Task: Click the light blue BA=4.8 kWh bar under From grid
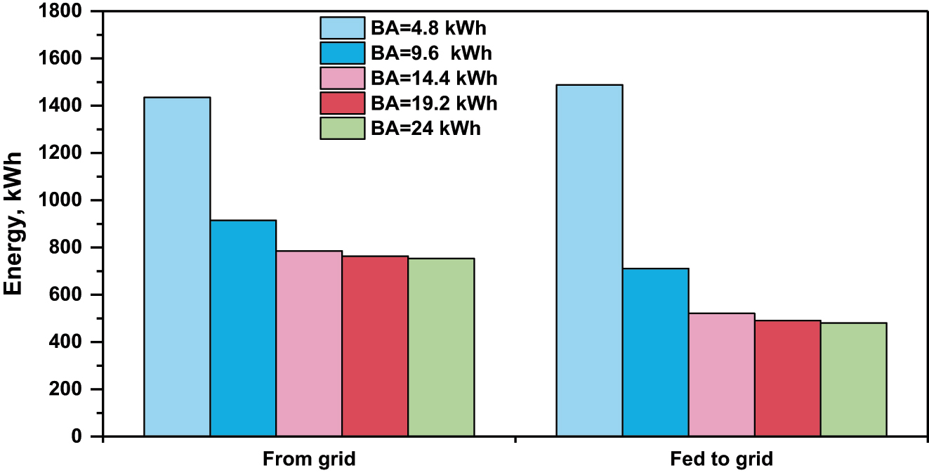click(x=177, y=267)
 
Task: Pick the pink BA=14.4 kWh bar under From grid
click(x=309, y=344)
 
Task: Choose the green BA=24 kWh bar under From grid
click(x=441, y=347)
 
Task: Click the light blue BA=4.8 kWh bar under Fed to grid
click(x=589, y=261)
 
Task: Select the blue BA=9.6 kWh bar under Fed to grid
click(x=655, y=352)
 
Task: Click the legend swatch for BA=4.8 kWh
click(x=342, y=28)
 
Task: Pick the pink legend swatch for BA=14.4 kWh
click(x=342, y=78)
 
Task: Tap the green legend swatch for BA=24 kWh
click(x=342, y=129)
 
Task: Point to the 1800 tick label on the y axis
click(x=61, y=12)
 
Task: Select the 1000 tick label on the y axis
click(x=61, y=201)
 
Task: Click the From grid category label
click(x=309, y=460)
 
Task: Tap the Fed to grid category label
click(x=721, y=460)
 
